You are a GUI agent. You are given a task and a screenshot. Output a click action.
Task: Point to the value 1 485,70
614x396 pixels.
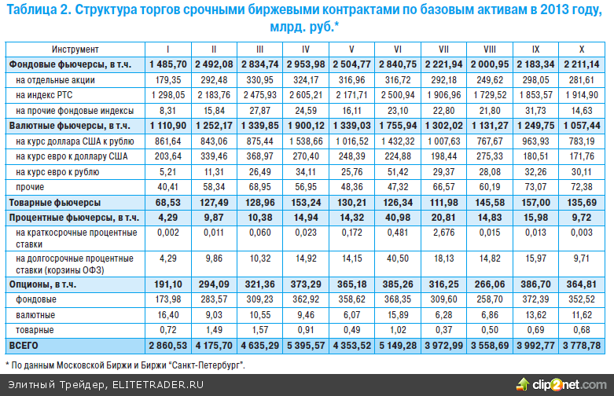click(x=167, y=64)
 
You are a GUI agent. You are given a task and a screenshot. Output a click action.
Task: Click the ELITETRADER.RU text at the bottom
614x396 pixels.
click(x=158, y=384)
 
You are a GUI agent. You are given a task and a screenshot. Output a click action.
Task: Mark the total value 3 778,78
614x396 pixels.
click(x=582, y=345)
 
